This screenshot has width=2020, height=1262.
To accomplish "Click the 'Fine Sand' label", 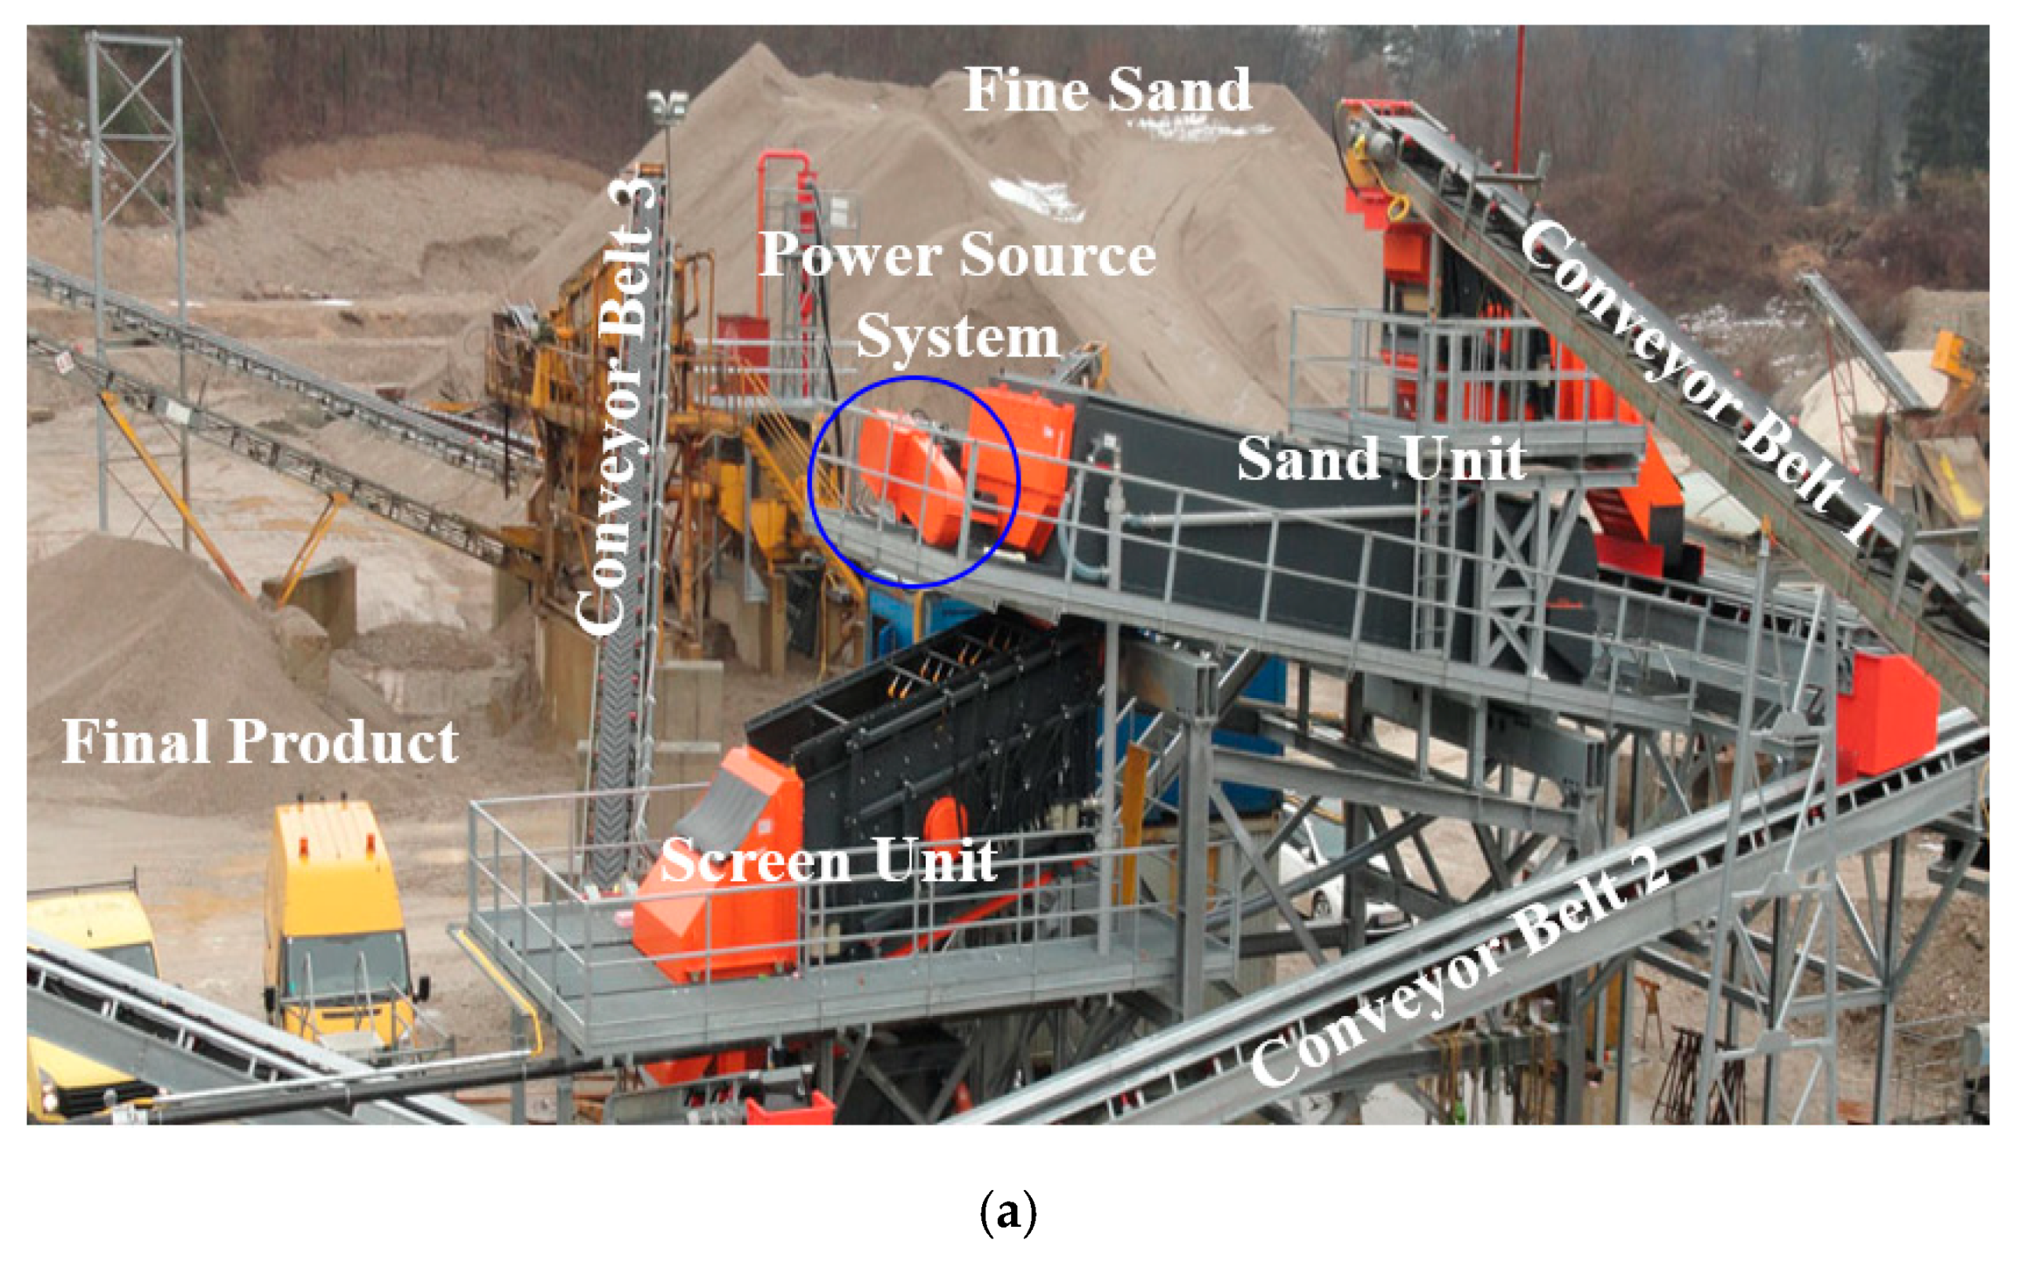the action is click(x=1108, y=90).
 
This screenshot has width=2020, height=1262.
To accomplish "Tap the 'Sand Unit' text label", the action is click(x=1381, y=459).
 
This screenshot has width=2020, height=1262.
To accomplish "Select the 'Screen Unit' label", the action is click(x=829, y=861).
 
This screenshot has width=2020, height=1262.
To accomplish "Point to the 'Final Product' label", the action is click(x=259, y=742).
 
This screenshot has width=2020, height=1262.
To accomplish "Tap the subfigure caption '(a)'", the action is click(x=1008, y=1212).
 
